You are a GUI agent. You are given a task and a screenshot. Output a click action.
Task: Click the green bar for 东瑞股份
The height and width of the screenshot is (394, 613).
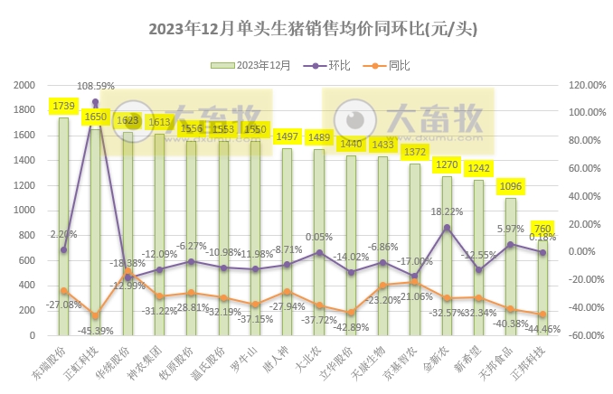pyautogui.click(x=63, y=226)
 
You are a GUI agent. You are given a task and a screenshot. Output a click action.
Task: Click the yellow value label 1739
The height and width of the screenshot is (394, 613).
pyautogui.click(x=64, y=107)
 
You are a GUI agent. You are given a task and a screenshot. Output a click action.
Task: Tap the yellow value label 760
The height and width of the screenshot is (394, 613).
pyautogui.click(x=542, y=229)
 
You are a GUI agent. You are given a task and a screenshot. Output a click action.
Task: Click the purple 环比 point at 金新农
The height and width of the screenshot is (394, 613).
pyautogui.click(x=448, y=228)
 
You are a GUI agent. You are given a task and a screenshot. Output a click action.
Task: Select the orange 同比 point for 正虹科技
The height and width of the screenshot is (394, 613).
pyautogui.click(x=95, y=315)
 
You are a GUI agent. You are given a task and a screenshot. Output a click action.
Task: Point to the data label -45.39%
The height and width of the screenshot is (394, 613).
pyautogui.click(x=96, y=330)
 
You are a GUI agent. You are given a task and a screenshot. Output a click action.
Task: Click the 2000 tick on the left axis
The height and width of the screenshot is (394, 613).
pyautogui.click(x=24, y=85)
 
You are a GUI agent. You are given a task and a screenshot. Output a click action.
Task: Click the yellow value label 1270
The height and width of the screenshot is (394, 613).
pyautogui.click(x=448, y=165)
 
